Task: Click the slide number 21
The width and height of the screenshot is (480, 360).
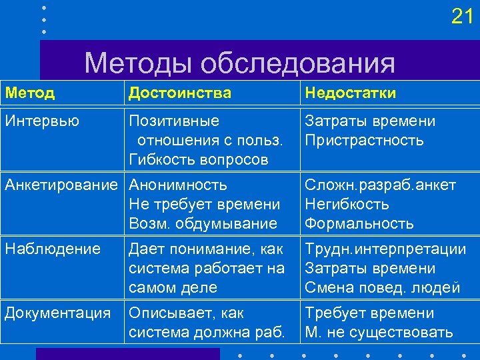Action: click(462, 17)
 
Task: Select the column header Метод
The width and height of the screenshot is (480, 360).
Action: click(30, 93)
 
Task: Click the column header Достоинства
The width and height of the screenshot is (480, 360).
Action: click(180, 93)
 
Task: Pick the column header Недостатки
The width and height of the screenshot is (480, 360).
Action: click(350, 93)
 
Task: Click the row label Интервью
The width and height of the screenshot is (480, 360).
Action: click(42, 121)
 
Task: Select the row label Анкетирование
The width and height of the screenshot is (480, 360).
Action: click(65, 185)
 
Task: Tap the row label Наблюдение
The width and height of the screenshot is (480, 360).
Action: click(53, 249)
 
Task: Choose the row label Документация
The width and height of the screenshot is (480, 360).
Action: click(58, 313)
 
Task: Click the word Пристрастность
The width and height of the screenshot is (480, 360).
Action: click(364, 141)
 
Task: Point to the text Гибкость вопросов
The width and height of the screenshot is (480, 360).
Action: click(199, 160)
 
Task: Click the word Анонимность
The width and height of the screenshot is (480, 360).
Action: click(178, 185)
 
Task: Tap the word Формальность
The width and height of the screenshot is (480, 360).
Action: click(359, 223)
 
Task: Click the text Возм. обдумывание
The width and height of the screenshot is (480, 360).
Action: click(203, 223)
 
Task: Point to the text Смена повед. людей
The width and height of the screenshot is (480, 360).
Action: click(382, 287)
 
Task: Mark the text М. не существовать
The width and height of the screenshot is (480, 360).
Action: click(379, 332)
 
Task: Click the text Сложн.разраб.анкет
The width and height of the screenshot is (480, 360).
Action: click(380, 185)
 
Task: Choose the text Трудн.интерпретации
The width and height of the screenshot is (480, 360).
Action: click(385, 249)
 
